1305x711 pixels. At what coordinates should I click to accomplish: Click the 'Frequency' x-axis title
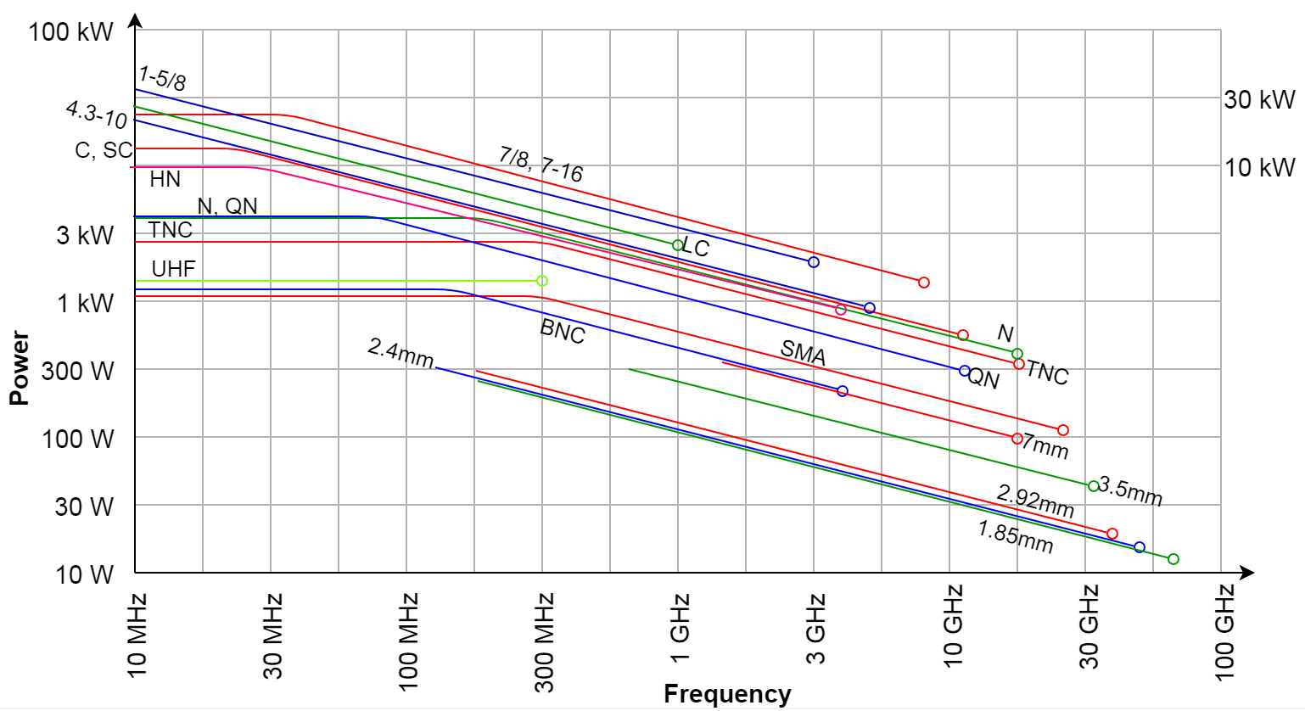[x=726, y=694]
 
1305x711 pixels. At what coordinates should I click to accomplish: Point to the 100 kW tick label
[x=70, y=32]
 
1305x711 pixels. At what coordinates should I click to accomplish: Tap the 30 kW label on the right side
[x=1259, y=99]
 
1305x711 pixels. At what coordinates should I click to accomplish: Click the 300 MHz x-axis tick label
[x=543, y=642]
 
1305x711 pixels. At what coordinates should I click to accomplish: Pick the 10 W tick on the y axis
[x=84, y=574]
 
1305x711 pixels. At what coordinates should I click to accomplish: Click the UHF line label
[x=173, y=269]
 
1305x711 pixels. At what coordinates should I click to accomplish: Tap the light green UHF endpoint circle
[x=542, y=281]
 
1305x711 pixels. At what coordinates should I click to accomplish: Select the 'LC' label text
[x=696, y=248]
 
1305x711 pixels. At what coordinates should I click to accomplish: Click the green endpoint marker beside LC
[x=678, y=245]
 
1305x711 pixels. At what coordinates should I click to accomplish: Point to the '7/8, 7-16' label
[x=540, y=164]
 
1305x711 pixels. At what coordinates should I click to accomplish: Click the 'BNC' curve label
[x=563, y=331]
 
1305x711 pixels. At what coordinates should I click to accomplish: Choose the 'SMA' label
[x=803, y=352]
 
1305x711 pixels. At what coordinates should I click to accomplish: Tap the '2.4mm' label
[x=400, y=352]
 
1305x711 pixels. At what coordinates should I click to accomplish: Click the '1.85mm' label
[x=1015, y=536]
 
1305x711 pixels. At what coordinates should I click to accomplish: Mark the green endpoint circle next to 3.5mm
[x=1094, y=486]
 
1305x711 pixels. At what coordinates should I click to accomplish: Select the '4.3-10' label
[x=96, y=114]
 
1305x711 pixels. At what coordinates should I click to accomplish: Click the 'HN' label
[x=165, y=179]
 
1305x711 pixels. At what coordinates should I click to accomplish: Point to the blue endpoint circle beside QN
[x=965, y=371]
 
